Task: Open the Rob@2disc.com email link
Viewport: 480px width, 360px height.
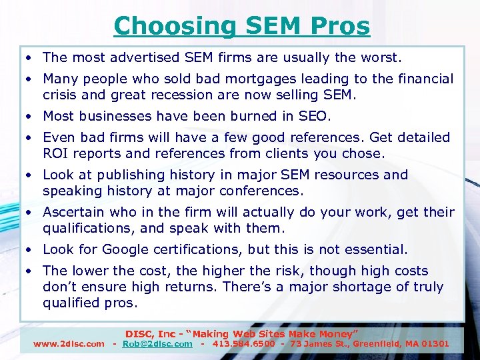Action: click(x=158, y=344)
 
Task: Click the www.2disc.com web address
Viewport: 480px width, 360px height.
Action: click(x=69, y=344)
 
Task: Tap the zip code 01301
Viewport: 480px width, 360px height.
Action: click(x=435, y=344)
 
